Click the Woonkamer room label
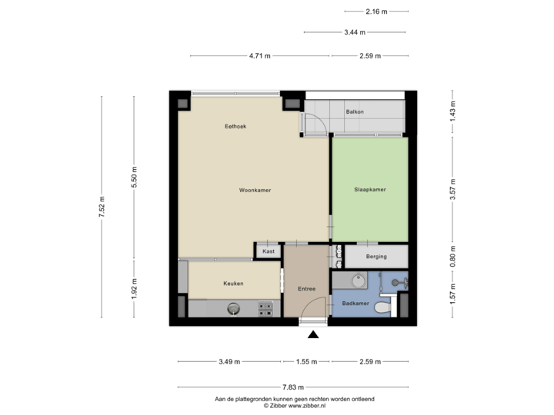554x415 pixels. [x=255, y=190]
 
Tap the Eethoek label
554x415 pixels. [x=235, y=126]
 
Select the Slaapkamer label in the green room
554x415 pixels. [x=369, y=190]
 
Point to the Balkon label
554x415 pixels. [x=355, y=112]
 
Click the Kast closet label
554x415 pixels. [x=269, y=251]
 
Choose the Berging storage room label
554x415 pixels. [x=376, y=257]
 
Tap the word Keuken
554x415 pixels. [x=233, y=284]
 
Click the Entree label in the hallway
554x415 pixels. [x=306, y=289]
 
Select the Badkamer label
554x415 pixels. [x=355, y=304]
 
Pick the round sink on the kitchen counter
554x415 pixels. [x=233, y=309]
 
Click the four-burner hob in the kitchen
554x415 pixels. [x=267, y=308]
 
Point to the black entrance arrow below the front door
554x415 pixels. [x=312, y=334]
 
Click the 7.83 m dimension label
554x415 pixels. [x=294, y=387]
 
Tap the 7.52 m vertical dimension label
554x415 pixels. [x=101, y=207]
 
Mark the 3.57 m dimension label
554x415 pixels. [x=452, y=190]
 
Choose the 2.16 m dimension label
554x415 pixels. [x=377, y=11]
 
